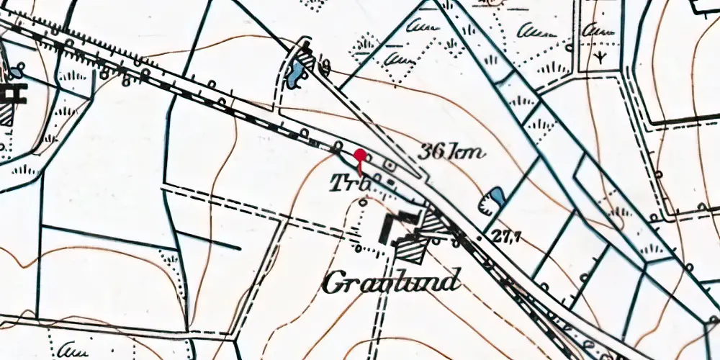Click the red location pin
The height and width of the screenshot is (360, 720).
[x=360, y=158]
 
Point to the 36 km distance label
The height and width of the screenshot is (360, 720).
[x=452, y=152]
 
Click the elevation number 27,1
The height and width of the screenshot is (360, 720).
[x=507, y=236]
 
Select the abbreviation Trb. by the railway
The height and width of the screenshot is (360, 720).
[x=351, y=184]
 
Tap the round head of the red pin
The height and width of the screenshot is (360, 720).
[x=360, y=153]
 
